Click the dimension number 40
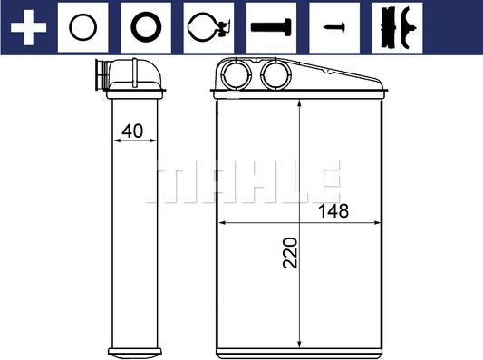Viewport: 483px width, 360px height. (x=131, y=131)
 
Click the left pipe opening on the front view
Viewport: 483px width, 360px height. (x=237, y=74)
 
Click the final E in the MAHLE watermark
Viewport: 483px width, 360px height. (x=324, y=181)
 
